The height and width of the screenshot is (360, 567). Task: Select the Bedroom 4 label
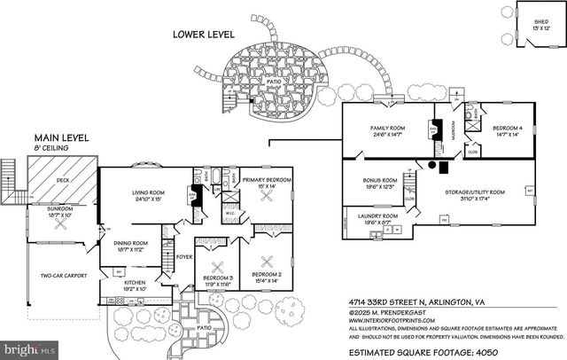[508, 129]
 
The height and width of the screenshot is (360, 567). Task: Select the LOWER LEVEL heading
[204, 34]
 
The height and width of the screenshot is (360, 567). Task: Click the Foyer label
[183, 258]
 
